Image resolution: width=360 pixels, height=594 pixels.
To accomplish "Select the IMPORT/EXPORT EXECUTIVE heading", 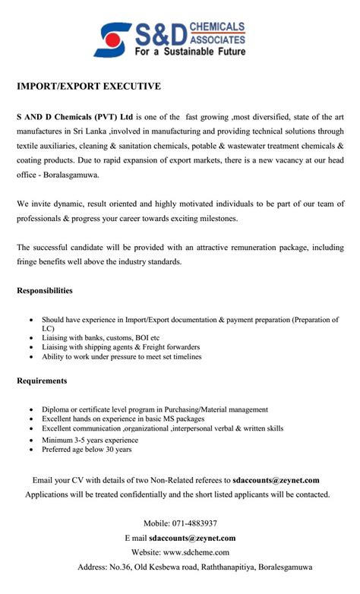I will click(x=89, y=87).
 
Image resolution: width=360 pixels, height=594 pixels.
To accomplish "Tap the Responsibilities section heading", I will click(x=45, y=290).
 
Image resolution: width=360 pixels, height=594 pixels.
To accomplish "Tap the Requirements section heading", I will click(x=42, y=380).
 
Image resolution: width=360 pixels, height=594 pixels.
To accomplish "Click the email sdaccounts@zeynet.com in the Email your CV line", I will click(x=276, y=480).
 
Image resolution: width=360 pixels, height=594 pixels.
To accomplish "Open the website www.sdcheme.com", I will click(x=201, y=552).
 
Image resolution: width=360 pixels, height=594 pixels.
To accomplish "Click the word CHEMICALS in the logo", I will click(x=219, y=26).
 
